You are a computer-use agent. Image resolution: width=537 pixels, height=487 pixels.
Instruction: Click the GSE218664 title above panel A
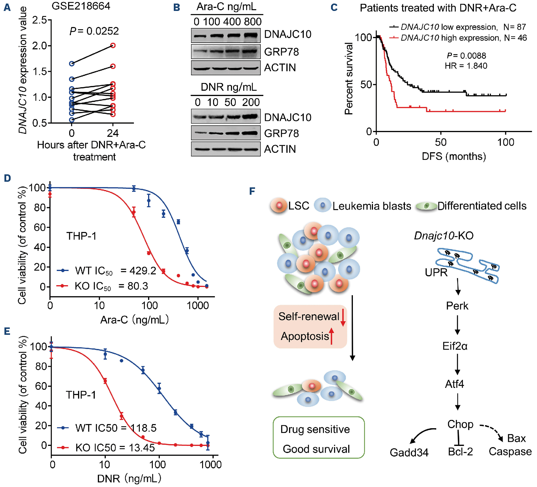click(x=81, y=6)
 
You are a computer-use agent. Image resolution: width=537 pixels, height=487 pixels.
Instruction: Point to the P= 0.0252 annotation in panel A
click(x=94, y=31)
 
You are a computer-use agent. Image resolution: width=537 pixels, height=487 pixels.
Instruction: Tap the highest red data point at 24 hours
click(x=113, y=46)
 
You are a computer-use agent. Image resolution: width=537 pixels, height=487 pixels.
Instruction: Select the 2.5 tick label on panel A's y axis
click(x=39, y=20)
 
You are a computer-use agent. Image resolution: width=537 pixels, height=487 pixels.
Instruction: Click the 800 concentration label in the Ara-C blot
click(x=253, y=22)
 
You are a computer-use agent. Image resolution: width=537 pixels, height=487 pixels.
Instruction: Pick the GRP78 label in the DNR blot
click(x=281, y=134)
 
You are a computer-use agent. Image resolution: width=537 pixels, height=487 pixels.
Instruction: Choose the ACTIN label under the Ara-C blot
click(x=280, y=68)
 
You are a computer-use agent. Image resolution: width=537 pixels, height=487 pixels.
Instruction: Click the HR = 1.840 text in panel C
click(x=466, y=66)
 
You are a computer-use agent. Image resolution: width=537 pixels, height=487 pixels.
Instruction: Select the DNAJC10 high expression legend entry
click(x=458, y=38)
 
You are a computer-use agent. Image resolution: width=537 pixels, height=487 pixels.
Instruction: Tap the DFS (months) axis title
click(x=454, y=156)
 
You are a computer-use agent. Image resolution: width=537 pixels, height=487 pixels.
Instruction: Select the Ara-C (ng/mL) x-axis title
click(x=134, y=320)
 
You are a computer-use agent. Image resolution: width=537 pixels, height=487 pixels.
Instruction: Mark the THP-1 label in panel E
click(x=81, y=395)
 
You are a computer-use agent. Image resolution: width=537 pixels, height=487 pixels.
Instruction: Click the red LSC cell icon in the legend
click(x=279, y=205)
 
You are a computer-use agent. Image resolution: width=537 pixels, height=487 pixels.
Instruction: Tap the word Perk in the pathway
click(x=457, y=306)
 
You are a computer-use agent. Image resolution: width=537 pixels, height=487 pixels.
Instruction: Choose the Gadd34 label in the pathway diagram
click(x=409, y=452)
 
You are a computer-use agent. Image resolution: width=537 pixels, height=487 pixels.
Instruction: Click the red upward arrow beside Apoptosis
click(x=332, y=336)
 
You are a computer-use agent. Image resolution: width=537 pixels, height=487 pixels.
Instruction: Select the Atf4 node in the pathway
click(x=455, y=384)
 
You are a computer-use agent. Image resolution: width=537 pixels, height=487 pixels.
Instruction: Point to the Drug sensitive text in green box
click(x=315, y=429)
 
